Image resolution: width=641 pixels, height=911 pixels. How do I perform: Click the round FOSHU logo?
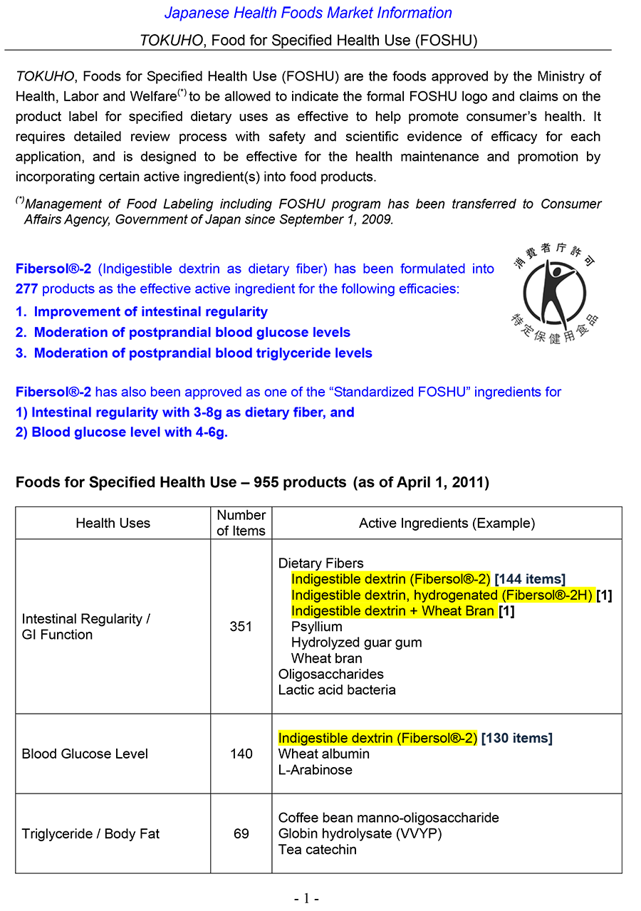[x=555, y=292]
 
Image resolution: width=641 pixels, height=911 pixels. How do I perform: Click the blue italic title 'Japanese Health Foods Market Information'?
[x=308, y=13]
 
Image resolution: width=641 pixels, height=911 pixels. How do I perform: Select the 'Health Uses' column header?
[x=113, y=524]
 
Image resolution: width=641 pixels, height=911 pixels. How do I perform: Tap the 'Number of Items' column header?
[x=241, y=523]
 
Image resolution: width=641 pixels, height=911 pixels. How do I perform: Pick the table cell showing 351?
[x=241, y=627]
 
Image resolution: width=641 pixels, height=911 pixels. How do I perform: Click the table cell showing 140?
[x=241, y=754]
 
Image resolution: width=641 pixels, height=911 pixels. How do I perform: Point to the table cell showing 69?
[x=241, y=833]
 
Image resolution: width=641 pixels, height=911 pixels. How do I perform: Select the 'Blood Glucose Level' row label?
[x=85, y=754]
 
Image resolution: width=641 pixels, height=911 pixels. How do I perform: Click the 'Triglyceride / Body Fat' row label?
[x=90, y=833]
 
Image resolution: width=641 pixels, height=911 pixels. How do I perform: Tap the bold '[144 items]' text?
[x=530, y=580]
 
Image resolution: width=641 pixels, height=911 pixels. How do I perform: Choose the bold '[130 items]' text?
[x=516, y=739]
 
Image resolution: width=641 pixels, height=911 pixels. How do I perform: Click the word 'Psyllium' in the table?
[x=316, y=627]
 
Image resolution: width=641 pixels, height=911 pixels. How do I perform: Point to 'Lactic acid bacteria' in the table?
[x=337, y=689]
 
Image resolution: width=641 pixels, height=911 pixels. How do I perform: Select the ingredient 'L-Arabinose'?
[x=315, y=770]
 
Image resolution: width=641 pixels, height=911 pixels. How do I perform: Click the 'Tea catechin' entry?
[x=317, y=849]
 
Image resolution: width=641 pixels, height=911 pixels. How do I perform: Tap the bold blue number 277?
[x=27, y=289]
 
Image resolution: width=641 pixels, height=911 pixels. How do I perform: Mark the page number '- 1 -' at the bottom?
[x=306, y=898]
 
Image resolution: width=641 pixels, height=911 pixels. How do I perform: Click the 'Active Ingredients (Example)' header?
[x=447, y=524]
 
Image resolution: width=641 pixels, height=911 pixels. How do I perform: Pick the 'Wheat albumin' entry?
[x=323, y=754]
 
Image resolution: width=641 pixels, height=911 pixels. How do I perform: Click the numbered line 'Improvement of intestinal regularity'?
[x=150, y=312]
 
